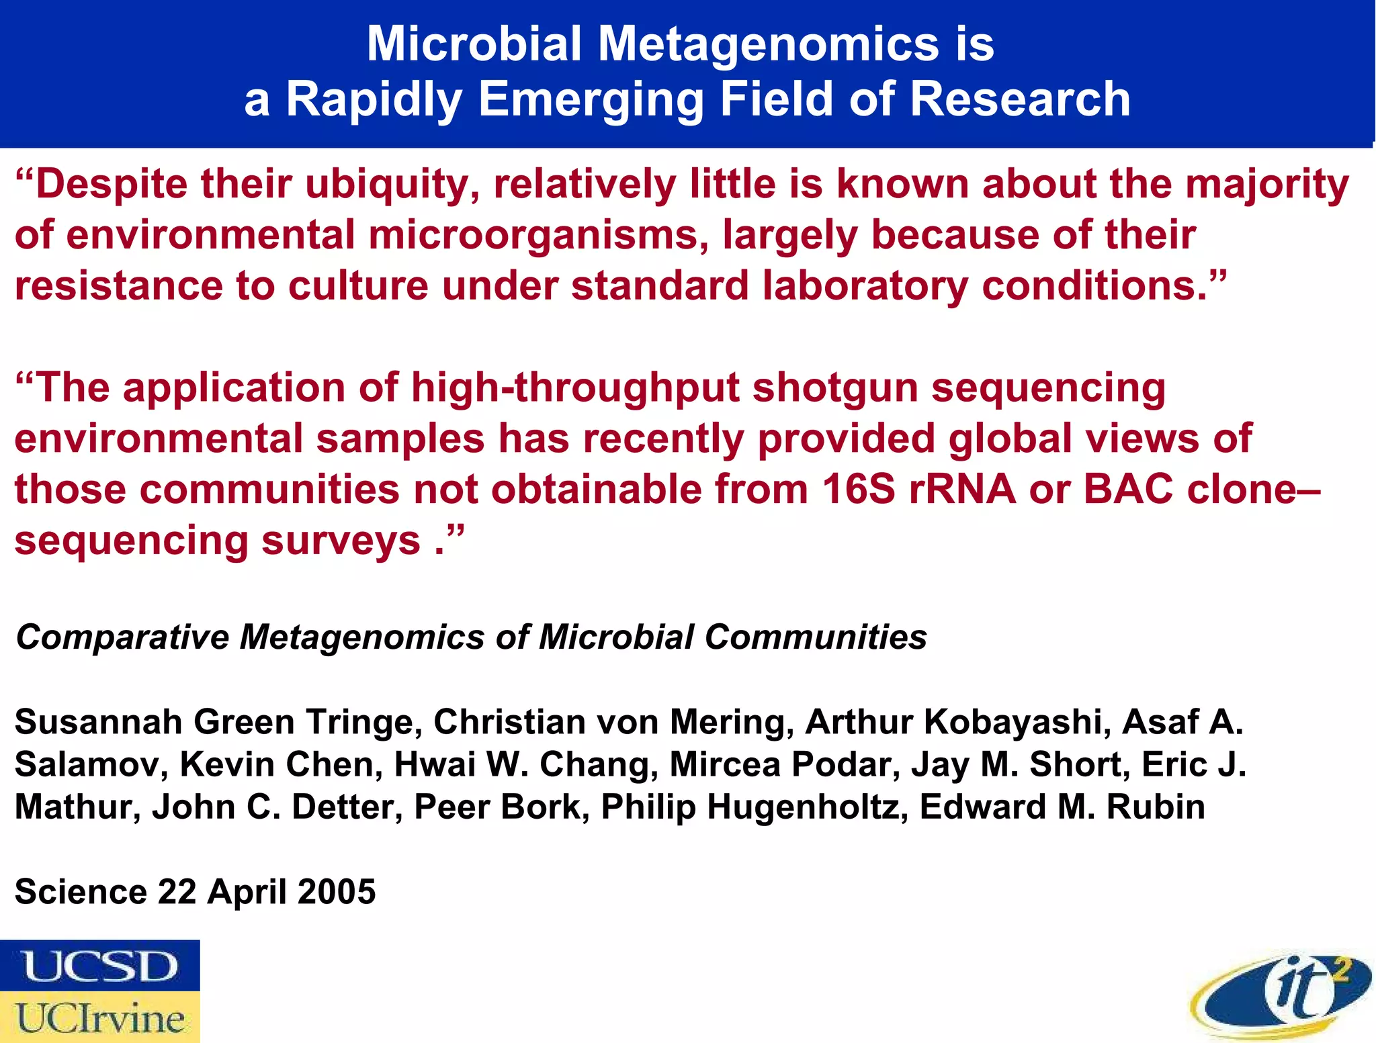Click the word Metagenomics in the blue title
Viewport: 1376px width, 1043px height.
point(768,44)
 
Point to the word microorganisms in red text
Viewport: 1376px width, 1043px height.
point(538,236)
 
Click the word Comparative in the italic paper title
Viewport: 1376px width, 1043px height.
point(122,637)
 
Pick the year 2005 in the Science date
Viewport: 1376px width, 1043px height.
point(337,892)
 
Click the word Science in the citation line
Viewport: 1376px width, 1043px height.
point(81,892)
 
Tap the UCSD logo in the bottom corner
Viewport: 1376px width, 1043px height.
point(100,965)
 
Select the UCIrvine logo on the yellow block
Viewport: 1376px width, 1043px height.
point(100,1018)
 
